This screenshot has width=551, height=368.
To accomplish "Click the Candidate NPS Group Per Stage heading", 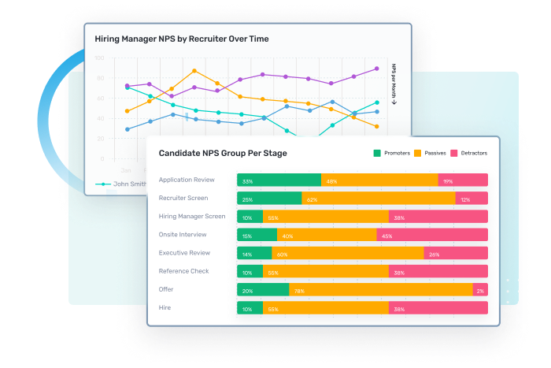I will (223, 153).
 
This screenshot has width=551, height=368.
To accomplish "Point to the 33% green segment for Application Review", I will (279, 180).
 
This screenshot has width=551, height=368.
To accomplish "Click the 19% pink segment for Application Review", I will (463, 180).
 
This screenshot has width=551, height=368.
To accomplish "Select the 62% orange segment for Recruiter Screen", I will (379, 199).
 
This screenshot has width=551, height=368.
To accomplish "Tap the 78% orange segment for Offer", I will (381, 289).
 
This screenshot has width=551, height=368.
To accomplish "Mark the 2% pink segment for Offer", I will (480, 289).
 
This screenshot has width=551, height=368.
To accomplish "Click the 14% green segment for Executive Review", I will (254, 253).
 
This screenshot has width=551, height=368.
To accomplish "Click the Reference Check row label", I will (184, 271).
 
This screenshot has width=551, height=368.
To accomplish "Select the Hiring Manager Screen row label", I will (192, 216).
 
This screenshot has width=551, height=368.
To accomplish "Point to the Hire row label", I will (165, 307).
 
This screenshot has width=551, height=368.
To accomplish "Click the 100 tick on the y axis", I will (99, 58).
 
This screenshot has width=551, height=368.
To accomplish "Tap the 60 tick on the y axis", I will (101, 99).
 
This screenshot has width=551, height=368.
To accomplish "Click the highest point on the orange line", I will (194, 70).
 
